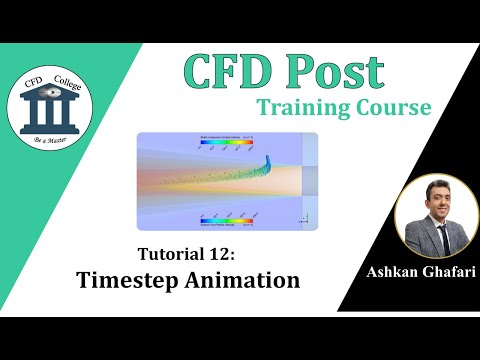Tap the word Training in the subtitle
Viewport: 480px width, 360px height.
click(302, 107)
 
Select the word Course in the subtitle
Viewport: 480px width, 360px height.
click(392, 107)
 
